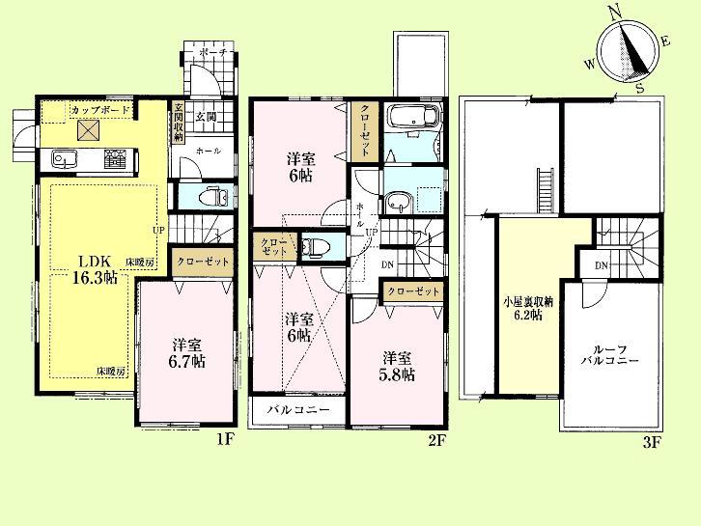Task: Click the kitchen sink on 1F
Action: click(x=64, y=157)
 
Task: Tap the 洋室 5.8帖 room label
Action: click(x=398, y=364)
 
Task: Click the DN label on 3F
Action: click(x=600, y=265)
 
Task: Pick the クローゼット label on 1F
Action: click(x=203, y=262)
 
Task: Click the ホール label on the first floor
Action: click(x=207, y=152)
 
